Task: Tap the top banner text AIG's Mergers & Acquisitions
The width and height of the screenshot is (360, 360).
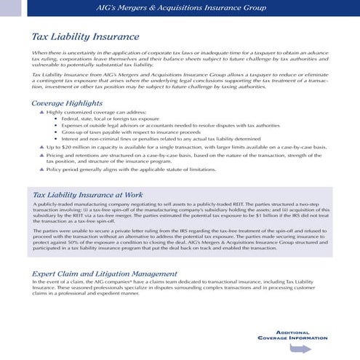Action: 180,7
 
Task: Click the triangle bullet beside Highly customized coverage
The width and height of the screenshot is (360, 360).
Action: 41,113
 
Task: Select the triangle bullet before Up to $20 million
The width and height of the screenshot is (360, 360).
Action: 41,146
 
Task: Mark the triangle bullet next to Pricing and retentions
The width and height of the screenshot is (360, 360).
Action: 41,155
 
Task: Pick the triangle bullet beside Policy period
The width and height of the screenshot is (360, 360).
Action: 41,169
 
